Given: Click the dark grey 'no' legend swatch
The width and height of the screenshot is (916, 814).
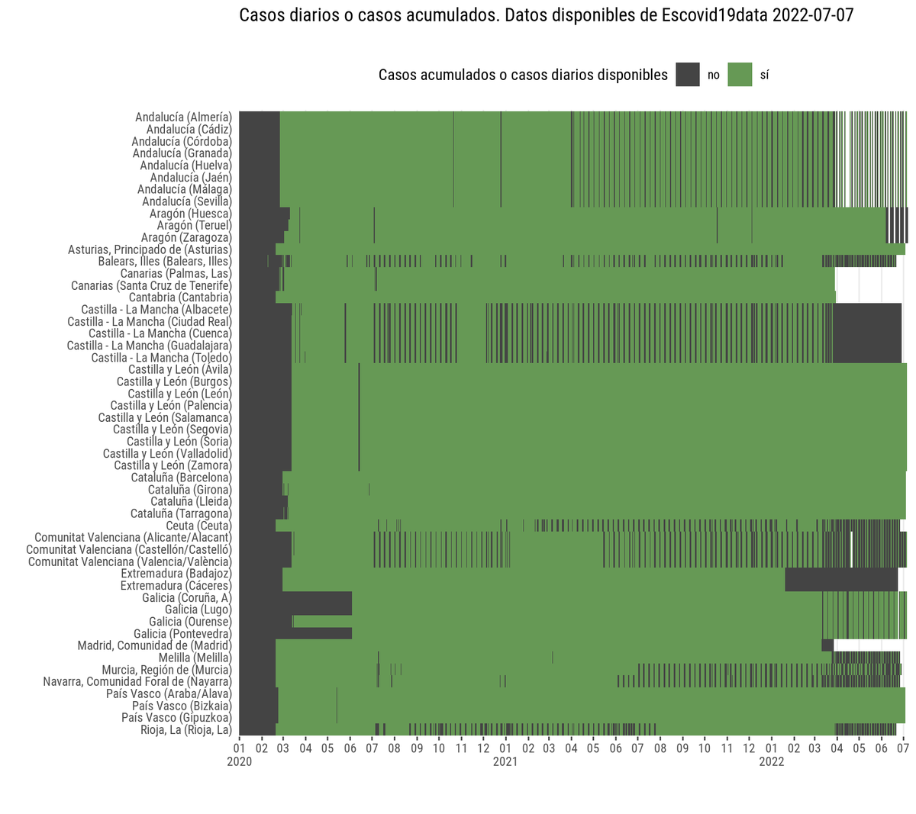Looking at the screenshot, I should pyautogui.click(x=687, y=75).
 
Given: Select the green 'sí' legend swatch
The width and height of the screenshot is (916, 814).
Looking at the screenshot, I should pyautogui.click(x=740, y=75).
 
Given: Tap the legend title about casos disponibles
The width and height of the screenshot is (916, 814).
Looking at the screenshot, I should pyautogui.click(x=523, y=75).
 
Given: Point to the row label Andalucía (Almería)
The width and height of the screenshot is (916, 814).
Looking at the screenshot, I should pyautogui.click(x=183, y=117).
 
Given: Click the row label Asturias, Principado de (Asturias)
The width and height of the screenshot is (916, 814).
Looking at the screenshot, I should pyautogui.click(x=150, y=249).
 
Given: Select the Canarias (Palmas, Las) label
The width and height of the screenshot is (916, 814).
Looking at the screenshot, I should pyautogui.click(x=176, y=273).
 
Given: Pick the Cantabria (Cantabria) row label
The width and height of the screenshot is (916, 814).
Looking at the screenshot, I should pyautogui.click(x=180, y=298).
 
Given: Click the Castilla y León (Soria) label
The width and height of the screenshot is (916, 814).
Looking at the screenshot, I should pyautogui.click(x=179, y=441).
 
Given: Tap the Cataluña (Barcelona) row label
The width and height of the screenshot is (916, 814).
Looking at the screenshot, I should pyautogui.click(x=181, y=478).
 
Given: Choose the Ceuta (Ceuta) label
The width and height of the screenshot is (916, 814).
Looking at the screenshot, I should pyautogui.click(x=198, y=526).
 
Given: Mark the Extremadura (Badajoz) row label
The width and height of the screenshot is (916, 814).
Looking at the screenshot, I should pyautogui.click(x=176, y=574).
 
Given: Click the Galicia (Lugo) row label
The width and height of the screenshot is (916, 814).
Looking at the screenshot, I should pyautogui.click(x=198, y=610).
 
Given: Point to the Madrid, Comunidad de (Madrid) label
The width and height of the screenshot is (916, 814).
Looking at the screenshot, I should pyautogui.click(x=154, y=645).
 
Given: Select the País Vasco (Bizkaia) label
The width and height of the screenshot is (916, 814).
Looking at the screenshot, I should pyautogui.click(x=182, y=706).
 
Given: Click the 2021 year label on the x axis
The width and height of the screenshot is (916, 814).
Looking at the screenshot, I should pyautogui.click(x=505, y=762).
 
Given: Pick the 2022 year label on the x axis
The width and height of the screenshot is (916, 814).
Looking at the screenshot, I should pyautogui.click(x=771, y=762).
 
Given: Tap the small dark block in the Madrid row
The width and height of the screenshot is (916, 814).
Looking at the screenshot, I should pyautogui.click(x=827, y=645).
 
